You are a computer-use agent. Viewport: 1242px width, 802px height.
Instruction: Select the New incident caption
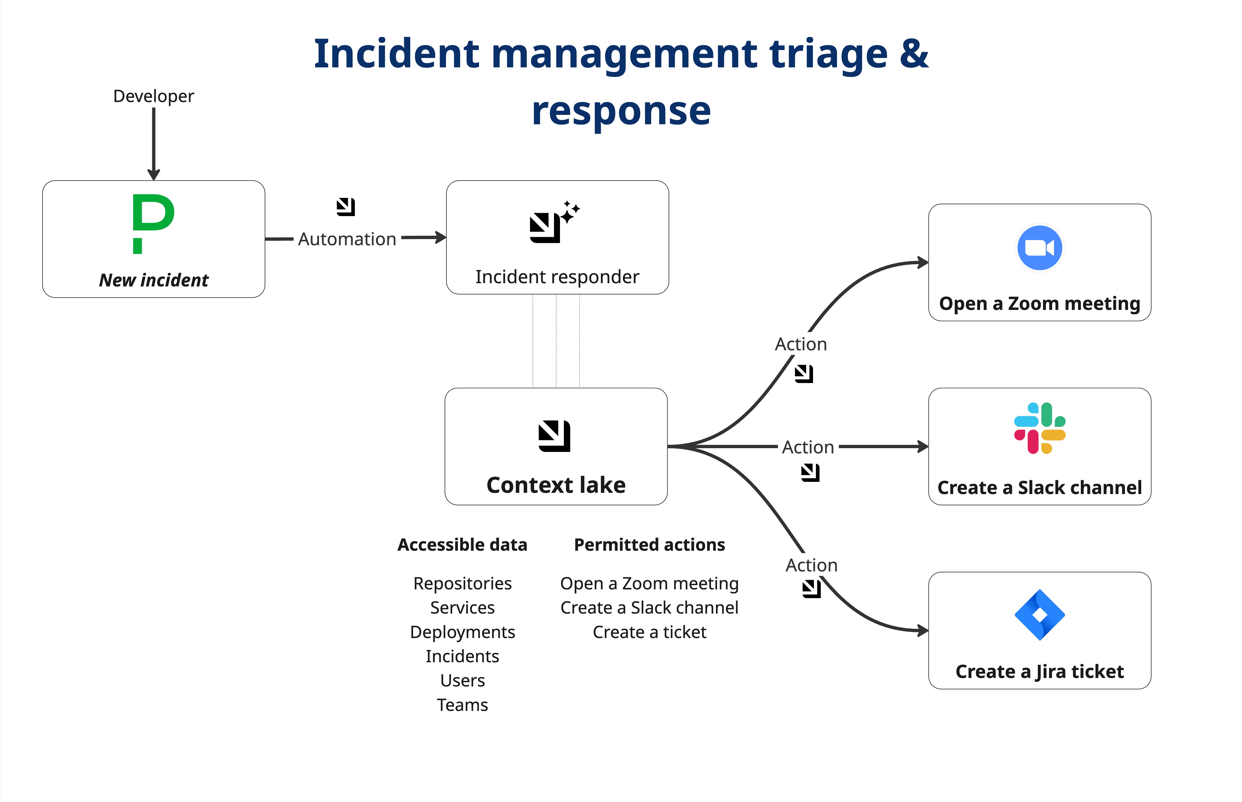pos(154,280)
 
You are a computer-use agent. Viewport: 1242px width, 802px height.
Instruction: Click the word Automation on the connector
pos(347,239)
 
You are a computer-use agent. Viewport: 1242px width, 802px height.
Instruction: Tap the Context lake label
pos(556,485)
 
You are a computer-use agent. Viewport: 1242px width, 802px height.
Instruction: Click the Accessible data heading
pos(462,545)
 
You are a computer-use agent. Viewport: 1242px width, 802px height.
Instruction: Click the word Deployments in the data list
pos(462,632)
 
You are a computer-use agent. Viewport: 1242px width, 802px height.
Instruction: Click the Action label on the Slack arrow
pos(808,447)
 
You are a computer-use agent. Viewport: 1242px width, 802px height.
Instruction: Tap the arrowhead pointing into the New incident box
pos(154,174)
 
